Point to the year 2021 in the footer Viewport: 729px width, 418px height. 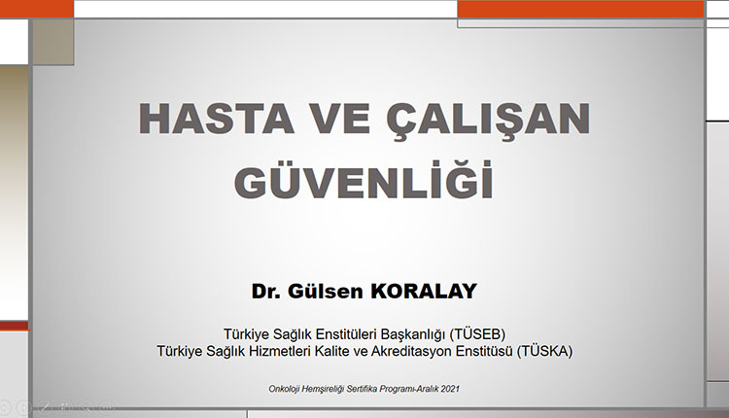pyautogui.click(x=449, y=389)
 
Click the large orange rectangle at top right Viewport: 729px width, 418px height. pyautogui.click(x=579, y=9)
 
